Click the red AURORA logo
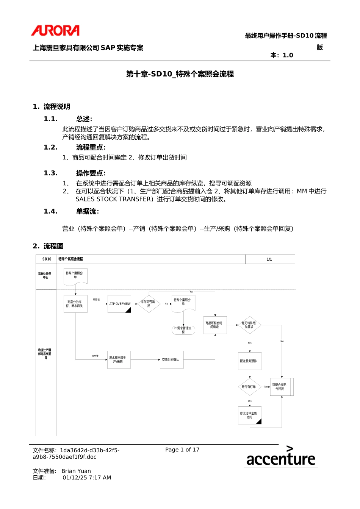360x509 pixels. click(55, 30)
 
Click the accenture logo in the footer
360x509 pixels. click(280, 456)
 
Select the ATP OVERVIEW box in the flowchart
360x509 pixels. click(119, 304)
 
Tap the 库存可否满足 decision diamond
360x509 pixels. click(148, 304)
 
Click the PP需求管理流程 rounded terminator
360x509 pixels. click(183, 330)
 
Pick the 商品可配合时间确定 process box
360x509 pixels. click(215, 325)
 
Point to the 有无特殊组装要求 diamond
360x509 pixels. click(249, 325)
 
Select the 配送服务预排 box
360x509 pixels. click(249, 361)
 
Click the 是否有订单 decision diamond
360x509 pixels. click(249, 387)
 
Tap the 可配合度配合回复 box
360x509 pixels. click(280, 387)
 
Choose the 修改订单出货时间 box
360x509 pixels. click(249, 415)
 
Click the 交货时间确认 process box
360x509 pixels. click(171, 359)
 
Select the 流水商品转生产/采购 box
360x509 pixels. click(119, 359)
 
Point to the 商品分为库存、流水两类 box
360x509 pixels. click(75, 304)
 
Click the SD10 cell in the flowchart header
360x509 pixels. click(47, 259)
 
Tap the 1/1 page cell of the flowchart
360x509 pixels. click(269, 259)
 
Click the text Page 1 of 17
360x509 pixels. click(182, 450)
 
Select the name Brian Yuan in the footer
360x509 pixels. click(76, 471)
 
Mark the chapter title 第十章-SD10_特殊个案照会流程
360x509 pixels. click(180, 74)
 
